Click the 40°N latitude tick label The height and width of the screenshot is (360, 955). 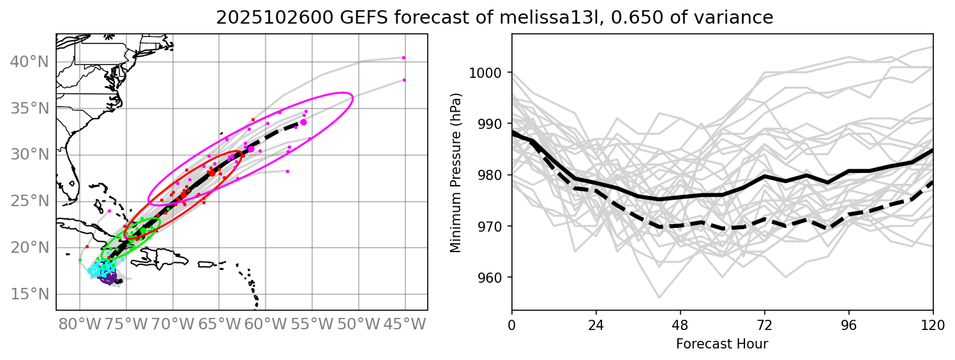[29, 62]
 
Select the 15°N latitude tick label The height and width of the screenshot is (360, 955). [29, 294]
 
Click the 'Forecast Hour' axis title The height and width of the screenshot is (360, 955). [722, 344]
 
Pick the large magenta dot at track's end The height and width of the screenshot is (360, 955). [303, 122]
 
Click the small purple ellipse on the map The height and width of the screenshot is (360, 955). [108, 278]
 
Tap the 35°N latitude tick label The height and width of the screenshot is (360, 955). [29, 109]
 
